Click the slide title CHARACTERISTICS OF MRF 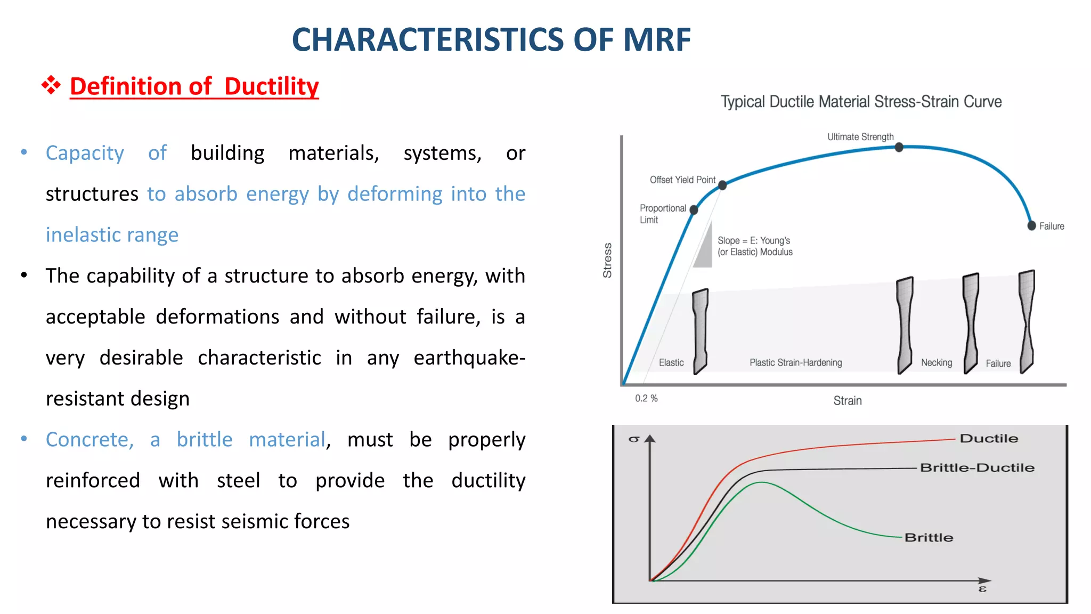point(491,40)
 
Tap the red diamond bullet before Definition point(51,85)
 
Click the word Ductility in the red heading point(271,86)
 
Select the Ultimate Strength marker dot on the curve point(899,147)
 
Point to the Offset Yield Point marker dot point(722,185)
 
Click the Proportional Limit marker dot point(694,210)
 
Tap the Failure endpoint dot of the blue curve point(1031,225)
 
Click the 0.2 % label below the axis point(646,398)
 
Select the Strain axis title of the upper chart point(847,400)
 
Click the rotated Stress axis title point(607,260)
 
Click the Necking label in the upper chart point(937,362)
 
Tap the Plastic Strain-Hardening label point(795,362)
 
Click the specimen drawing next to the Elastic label point(700,330)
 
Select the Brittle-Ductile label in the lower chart point(977,467)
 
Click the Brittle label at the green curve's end point(929,537)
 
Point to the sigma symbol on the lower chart point(633,439)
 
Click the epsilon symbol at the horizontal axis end point(982,589)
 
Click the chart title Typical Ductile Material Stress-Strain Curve point(861,102)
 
